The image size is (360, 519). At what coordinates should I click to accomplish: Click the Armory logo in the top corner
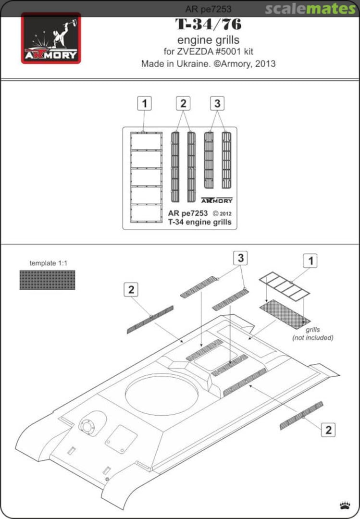pyautogui.click(x=50, y=38)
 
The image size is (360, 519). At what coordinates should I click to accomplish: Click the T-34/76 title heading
pyautogui.click(x=208, y=24)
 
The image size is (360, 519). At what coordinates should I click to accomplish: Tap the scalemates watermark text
pyautogui.click(x=310, y=9)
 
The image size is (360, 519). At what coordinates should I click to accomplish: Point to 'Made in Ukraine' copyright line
pyautogui.click(x=208, y=63)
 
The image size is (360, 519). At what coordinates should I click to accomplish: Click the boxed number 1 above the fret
pyautogui.click(x=145, y=103)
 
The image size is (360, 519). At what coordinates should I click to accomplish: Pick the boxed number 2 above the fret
pyautogui.click(x=183, y=103)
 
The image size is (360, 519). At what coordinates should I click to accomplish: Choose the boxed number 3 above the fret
pyautogui.click(x=217, y=103)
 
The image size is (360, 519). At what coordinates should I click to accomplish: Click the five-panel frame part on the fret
pyautogui.click(x=146, y=177)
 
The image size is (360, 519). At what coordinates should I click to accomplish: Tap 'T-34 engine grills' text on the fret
pyautogui.click(x=199, y=222)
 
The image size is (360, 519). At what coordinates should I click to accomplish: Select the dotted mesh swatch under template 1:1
pyautogui.click(x=47, y=280)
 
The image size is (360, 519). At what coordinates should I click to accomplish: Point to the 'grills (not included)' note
pyautogui.click(x=313, y=334)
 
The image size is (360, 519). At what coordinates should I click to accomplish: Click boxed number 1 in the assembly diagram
pyautogui.click(x=311, y=260)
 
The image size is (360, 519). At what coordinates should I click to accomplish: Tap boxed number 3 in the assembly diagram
pyautogui.click(x=240, y=258)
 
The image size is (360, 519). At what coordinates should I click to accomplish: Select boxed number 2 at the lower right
pyautogui.click(x=328, y=430)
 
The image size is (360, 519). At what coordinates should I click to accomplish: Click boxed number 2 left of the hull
pyautogui.click(x=132, y=290)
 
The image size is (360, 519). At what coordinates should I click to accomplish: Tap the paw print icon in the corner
pyautogui.click(x=345, y=505)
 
